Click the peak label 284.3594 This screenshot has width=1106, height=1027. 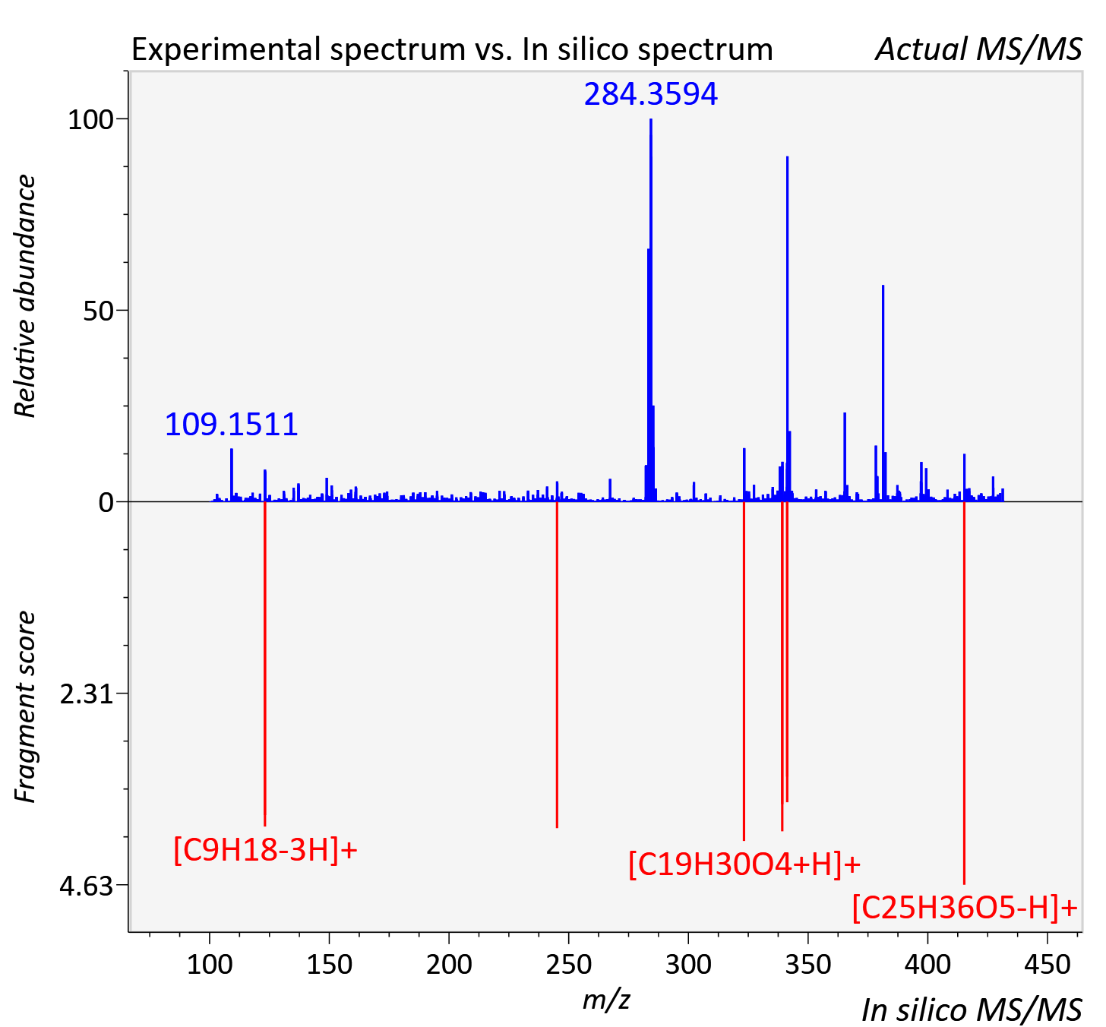(x=650, y=94)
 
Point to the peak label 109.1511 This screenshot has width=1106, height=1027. (x=231, y=425)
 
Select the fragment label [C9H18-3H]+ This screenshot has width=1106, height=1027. (x=265, y=851)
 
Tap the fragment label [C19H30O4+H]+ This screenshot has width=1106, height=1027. (x=744, y=864)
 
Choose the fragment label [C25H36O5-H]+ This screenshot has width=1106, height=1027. (x=965, y=907)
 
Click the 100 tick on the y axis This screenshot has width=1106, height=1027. (x=90, y=120)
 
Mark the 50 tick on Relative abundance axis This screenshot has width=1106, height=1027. (x=98, y=311)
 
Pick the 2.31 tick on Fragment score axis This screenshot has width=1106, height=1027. (x=87, y=694)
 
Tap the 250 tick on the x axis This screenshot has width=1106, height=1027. (x=569, y=964)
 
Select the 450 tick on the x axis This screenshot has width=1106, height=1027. (x=1048, y=964)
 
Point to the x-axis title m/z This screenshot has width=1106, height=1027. (x=606, y=999)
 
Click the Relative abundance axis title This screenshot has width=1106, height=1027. (x=25, y=295)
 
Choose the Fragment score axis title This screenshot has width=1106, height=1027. (x=25, y=706)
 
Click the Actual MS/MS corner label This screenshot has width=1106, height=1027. (x=978, y=49)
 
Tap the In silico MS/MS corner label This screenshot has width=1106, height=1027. (x=972, y=1010)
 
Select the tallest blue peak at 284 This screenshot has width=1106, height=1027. (x=650, y=310)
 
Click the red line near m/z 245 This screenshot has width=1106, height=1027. (x=557, y=665)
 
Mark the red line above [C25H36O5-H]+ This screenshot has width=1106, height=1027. (x=965, y=693)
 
